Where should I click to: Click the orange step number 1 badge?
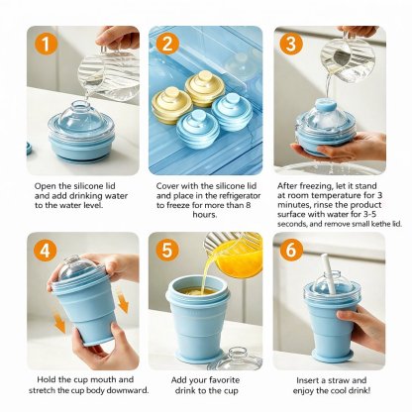click(46, 44)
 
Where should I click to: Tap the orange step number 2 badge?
click(167, 44)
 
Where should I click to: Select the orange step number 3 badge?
click(290, 44)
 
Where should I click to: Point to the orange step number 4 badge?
click(46, 251)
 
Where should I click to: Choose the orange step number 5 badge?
click(167, 251)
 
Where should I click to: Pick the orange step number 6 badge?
click(290, 251)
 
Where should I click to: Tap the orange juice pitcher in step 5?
click(235, 254)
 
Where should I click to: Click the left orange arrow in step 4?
click(59, 323)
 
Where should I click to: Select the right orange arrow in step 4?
click(123, 302)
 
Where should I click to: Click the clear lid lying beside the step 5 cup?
click(236, 359)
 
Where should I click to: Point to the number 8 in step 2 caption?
click(248, 205)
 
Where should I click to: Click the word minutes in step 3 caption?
click(293, 205)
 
